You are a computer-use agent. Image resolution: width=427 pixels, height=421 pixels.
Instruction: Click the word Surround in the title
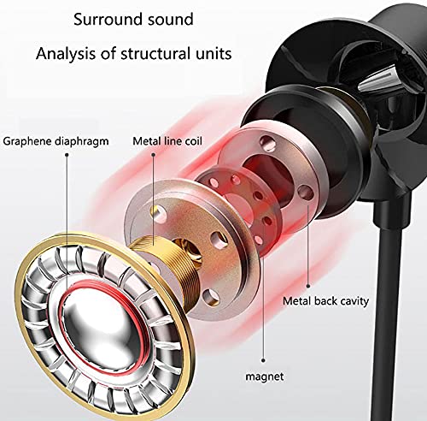click(x=103, y=20)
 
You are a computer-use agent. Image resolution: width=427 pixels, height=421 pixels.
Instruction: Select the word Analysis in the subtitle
click(x=66, y=54)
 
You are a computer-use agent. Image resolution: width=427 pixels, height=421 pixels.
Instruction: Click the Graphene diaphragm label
click(x=56, y=142)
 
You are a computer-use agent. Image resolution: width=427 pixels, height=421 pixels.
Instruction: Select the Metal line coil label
click(x=167, y=141)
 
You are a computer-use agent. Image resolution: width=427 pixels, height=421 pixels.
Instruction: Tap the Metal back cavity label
click(x=325, y=301)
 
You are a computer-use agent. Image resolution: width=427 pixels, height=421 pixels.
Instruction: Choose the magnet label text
click(x=265, y=377)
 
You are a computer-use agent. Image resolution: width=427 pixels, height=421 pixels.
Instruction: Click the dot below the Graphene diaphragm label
click(x=67, y=155)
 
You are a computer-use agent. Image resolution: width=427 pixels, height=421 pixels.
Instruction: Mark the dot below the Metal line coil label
click(x=153, y=155)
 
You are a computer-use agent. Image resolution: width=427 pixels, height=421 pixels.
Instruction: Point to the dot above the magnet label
click(x=263, y=360)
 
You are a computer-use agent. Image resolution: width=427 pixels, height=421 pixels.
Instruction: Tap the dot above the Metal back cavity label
click(x=308, y=286)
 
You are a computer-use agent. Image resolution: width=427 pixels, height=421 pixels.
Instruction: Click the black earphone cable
click(x=390, y=314)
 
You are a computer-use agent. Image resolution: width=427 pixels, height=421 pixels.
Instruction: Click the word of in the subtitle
click(x=108, y=54)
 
